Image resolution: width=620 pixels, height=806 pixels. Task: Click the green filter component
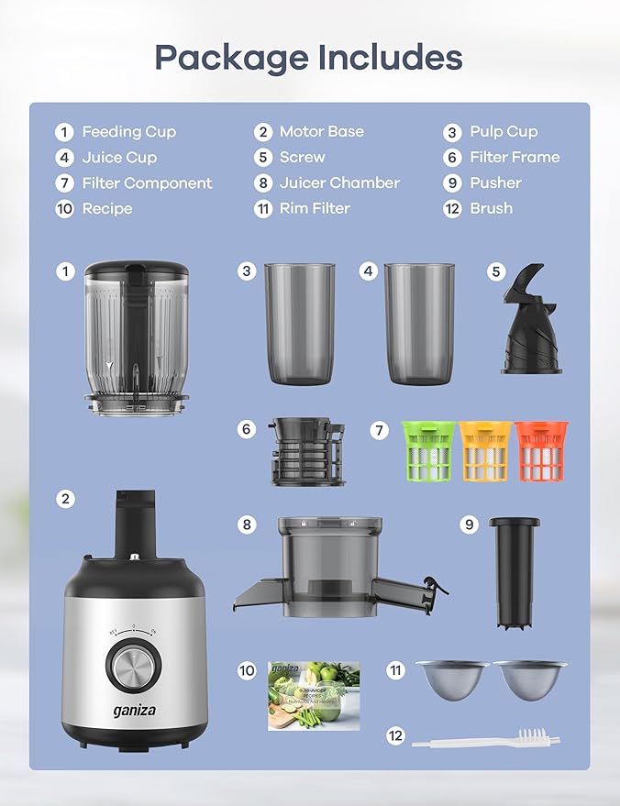pos(427,451)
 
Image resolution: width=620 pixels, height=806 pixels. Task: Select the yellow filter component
pos(484,451)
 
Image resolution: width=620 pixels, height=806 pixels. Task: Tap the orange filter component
pos(541,451)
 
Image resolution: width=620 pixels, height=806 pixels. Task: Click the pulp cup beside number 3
pos(300,323)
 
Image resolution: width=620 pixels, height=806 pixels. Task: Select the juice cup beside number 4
pos(419,323)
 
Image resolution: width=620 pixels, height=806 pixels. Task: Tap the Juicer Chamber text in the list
pos(339,182)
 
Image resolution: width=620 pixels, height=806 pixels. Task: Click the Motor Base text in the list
pos(321,131)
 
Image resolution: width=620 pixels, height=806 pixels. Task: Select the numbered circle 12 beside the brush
pos(395,736)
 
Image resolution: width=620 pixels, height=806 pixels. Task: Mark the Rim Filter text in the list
pos(315,208)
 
